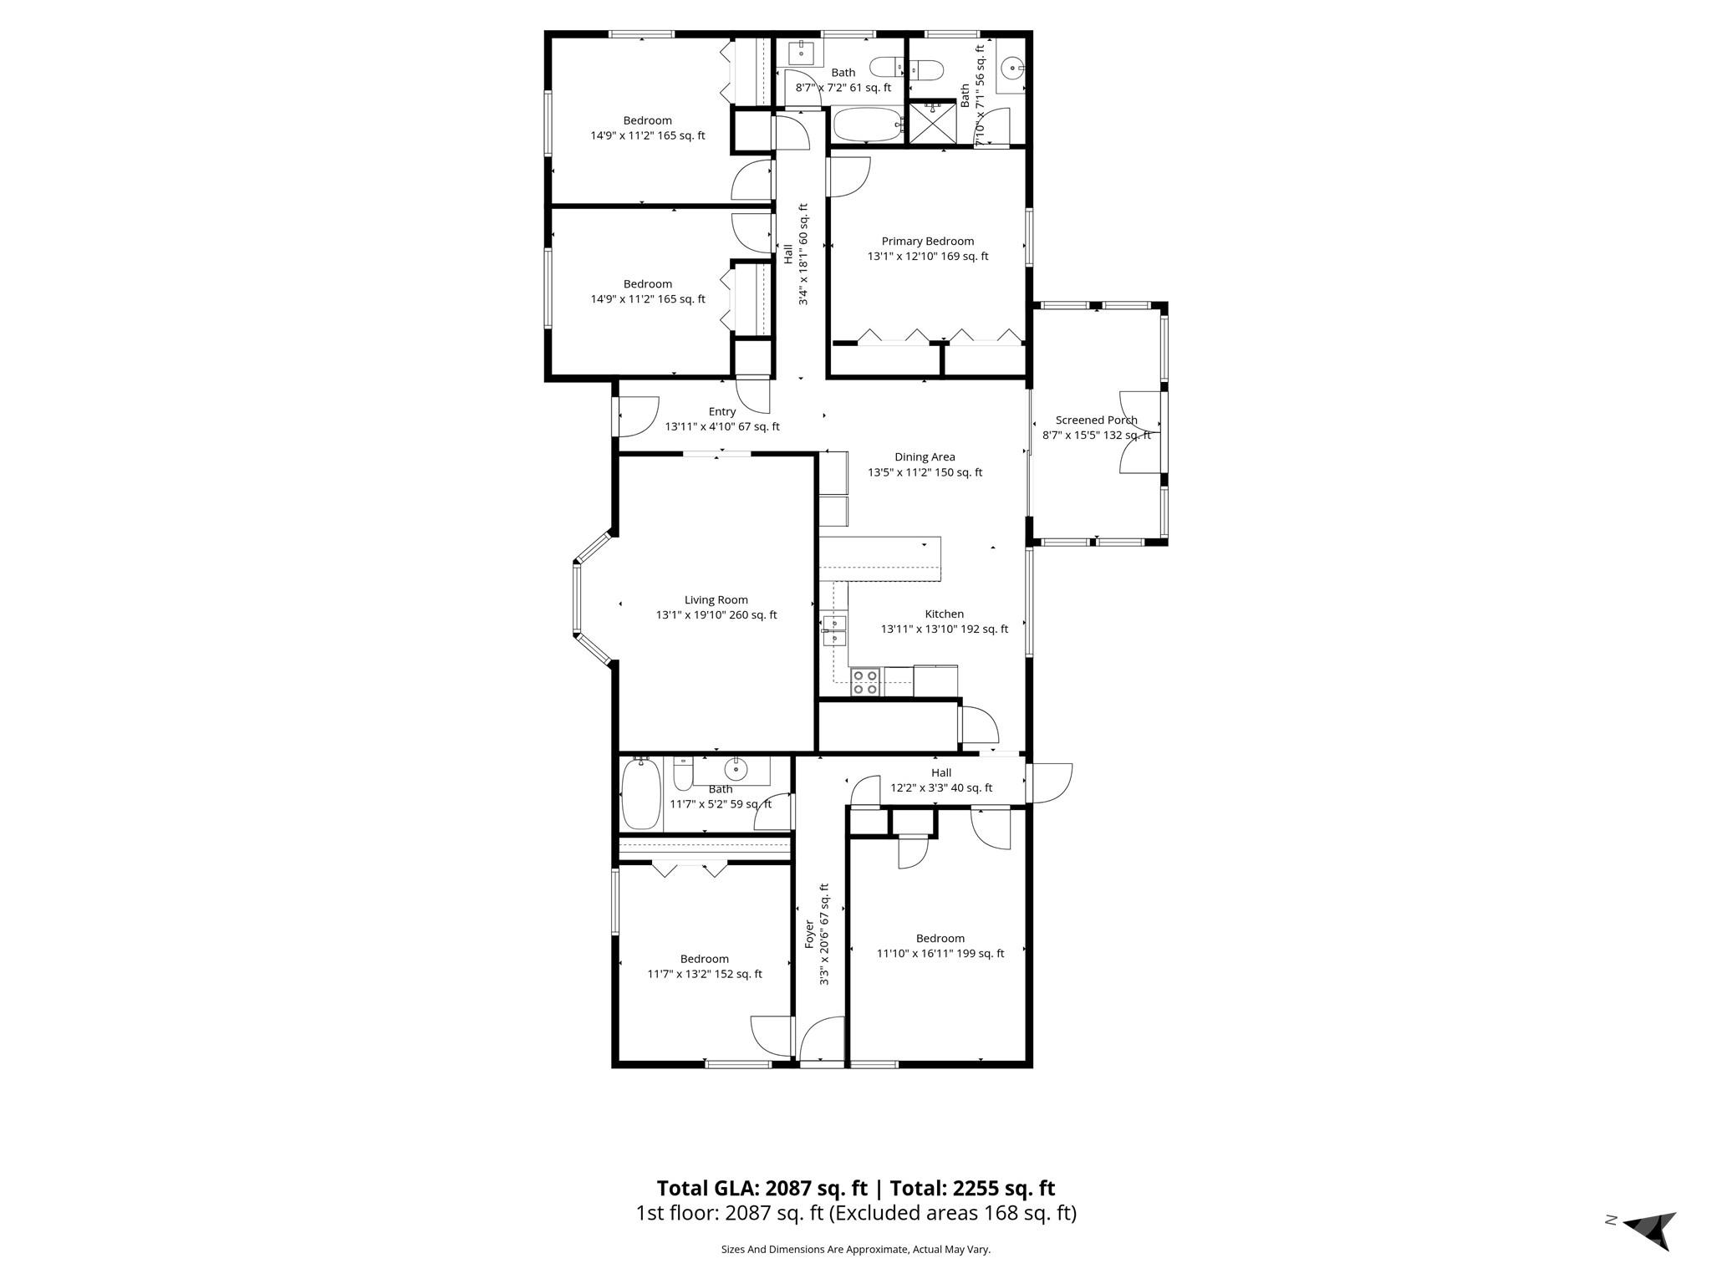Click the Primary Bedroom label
tap(927, 242)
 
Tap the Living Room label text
tap(716, 600)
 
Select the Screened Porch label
tap(1096, 420)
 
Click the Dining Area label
tap(925, 457)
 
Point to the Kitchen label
tap(944, 614)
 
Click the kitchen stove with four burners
tap(865, 682)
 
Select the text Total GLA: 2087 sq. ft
tap(762, 1188)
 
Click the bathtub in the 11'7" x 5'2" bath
tap(641, 794)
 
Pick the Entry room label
tap(722, 412)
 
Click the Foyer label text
tap(809, 934)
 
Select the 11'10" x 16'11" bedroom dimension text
tap(940, 954)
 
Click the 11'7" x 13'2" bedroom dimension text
tap(705, 974)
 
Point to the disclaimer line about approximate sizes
tap(855, 1250)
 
